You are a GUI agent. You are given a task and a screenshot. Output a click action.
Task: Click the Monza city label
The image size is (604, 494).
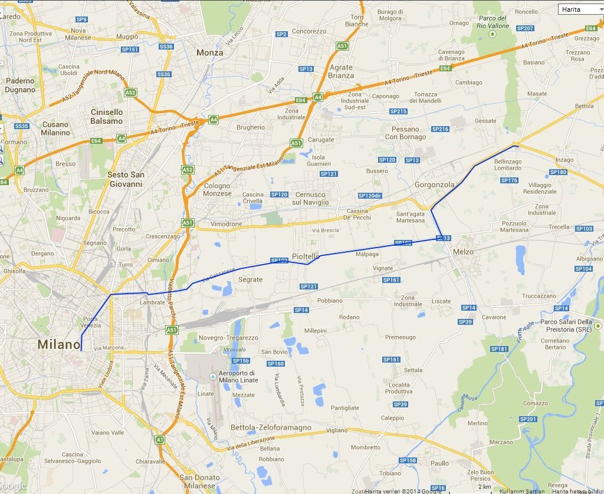[209, 52]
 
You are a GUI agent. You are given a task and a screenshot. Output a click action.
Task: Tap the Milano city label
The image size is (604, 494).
[58, 344]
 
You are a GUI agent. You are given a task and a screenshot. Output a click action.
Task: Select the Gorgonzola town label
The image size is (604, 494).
[435, 185]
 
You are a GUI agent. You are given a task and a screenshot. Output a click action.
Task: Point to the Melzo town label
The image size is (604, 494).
[464, 252]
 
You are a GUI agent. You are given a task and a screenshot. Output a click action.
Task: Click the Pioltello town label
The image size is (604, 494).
[306, 256]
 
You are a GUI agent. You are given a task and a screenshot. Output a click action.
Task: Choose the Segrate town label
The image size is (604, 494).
[250, 279]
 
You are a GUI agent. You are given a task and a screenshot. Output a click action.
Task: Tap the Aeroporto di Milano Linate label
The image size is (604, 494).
[237, 376]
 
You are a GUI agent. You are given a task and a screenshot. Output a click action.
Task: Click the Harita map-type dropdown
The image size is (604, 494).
[580, 9]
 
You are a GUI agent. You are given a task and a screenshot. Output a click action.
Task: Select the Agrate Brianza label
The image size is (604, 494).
[341, 71]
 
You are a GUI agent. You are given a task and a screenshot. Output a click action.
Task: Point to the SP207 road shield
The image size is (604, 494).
[524, 28]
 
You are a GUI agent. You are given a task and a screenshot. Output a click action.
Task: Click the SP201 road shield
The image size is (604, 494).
[528, 419]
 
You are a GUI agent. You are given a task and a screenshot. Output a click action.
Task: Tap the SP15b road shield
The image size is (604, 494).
[241, 361]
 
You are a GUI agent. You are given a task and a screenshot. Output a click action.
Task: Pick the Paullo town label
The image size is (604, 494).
[439, 463]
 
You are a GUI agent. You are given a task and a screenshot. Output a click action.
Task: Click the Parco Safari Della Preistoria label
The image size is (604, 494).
[566, 325]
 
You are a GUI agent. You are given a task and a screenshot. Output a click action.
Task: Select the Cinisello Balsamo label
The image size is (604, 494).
[107, 116]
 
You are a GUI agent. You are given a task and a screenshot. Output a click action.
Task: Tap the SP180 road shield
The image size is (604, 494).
[557, 172]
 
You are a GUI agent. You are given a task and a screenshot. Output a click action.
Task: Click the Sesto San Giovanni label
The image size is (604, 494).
[125, 179]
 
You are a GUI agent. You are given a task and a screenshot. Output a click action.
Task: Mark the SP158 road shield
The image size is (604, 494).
[408, 460]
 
